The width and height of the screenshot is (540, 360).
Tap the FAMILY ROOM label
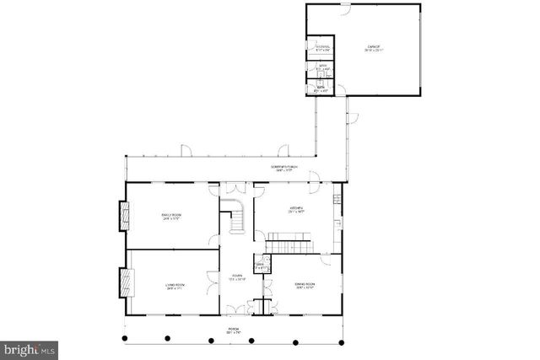tap(172, 217)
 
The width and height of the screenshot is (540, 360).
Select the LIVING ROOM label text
tap(175, 287)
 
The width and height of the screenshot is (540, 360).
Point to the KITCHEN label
tap(296, 209)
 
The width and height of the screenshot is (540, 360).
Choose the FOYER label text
tap(238, 277)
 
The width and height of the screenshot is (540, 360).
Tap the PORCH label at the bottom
tap(234, 330)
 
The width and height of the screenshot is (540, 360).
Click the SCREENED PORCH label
tap(284, 168)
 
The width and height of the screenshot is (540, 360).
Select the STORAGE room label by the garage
tap(321, 48)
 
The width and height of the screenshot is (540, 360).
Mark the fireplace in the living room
tap(126, 282)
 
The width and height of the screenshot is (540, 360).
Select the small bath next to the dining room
tap(261, 266)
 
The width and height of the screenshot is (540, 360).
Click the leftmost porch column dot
tap(125, 338)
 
